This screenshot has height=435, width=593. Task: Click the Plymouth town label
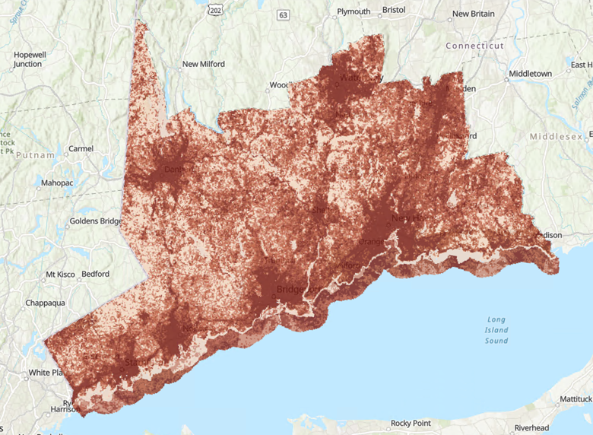click(354, 11)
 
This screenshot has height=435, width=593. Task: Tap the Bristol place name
click(394, 11)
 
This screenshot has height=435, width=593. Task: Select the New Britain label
click(473, 14)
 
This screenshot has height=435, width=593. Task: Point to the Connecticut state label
click(474, 46)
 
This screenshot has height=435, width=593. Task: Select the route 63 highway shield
click(284, 14)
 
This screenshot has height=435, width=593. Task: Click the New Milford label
click(203, 65)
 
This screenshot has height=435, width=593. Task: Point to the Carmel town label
click(81, 148)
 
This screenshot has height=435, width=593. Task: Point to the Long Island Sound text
click(496, 330)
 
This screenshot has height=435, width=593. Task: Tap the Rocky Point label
click(411, 423)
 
